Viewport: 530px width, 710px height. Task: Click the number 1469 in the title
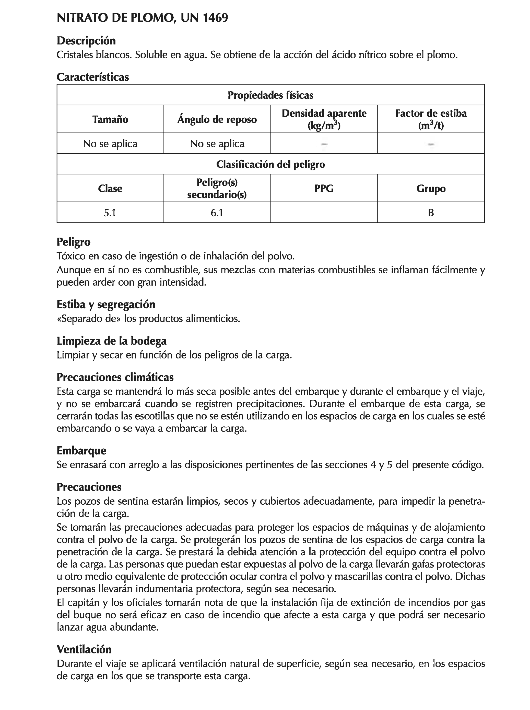[215, 18]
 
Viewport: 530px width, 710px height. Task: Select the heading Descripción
[86, 41]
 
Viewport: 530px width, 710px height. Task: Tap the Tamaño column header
[110, 119]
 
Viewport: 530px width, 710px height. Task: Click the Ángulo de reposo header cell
[217, 119]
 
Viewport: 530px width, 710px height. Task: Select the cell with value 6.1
[217, 213]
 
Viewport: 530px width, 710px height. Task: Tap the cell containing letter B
[431, 213]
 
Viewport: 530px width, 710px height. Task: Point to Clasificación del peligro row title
[270, 164]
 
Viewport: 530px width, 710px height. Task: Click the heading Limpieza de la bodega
[112, 341]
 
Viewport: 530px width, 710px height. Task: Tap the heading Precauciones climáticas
[115, 377]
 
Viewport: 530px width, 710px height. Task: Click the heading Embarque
[81, 451]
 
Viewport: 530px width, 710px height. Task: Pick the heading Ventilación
[84, 650]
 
